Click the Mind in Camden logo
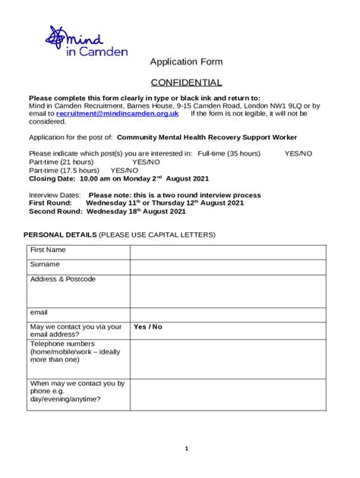point(85,41)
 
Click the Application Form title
point(186,61)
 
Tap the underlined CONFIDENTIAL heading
point(186,83)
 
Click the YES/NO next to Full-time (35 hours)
point(298,153)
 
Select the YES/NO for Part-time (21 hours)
point(146,162)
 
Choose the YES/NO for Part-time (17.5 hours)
point(125,170)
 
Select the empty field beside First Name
point(227,251)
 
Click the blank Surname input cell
point(227,266)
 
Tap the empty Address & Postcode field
point(227,290)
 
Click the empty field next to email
point(227,313)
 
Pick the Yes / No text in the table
point(148,327)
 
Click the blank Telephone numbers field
point(227,358)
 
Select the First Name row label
point(48,250)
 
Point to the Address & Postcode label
point(63,279)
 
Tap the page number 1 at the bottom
point(186,448)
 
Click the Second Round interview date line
point(107,212)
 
